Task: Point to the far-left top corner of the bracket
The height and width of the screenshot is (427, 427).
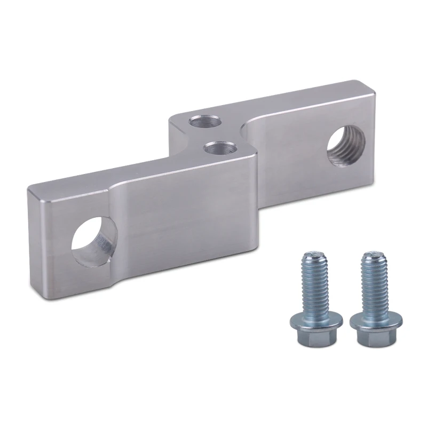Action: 28,187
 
